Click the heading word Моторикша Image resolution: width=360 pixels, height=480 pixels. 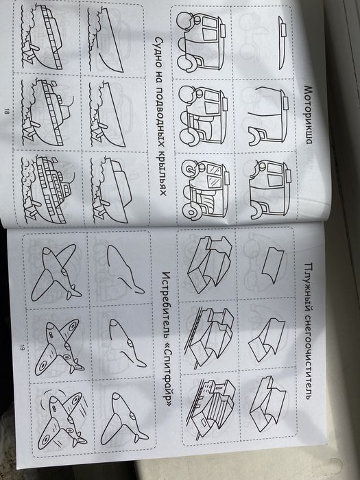point(308,115)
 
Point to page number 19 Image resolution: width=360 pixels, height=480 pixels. point(22,348)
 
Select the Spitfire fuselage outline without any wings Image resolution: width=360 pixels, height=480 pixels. point(125,269)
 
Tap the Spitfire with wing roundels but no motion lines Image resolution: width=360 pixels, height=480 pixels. point(59,346)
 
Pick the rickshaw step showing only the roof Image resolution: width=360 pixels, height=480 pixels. point(283,43)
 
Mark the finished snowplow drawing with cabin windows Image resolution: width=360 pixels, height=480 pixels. point(211,407)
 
